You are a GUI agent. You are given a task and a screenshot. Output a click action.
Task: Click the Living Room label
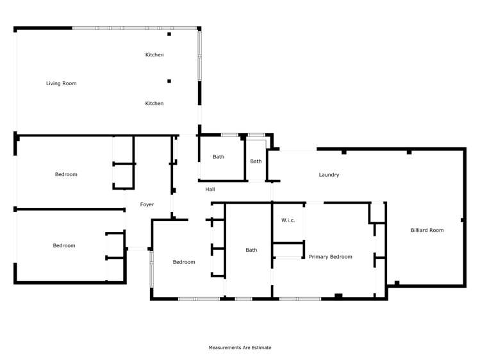click(x=61, y=83)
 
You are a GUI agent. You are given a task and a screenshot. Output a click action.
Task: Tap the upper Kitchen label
click(x=154, y=55)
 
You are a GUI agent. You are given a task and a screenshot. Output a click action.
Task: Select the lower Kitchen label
click(x=154, y=104)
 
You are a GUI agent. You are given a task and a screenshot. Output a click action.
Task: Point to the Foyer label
click(x=147, y=205)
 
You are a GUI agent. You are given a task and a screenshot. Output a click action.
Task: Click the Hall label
click(x=210, y=190)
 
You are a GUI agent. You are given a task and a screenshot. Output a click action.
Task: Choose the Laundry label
click(x=329, y=175)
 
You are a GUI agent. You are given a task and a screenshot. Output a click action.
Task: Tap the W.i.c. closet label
click(x=288, y=221)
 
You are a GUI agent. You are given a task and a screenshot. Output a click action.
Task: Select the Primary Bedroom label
click(x=330, y=257)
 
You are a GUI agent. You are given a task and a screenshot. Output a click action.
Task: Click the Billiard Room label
click(x=427, y=230)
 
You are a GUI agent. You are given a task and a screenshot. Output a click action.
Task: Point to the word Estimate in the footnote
click(x=261, y=348)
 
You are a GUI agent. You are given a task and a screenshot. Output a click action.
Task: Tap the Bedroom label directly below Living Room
click(x=66, y=175)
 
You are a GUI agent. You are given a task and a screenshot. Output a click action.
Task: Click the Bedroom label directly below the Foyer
click(x=184, y=262)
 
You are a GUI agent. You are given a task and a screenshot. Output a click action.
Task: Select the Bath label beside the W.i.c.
click(x=251, y=250)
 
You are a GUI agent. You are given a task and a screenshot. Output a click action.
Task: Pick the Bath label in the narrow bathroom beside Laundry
click(x=256, y=161)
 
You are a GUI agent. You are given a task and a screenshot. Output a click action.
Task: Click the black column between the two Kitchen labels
click(x=169, y=81)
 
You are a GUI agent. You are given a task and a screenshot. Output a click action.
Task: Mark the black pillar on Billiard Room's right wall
click(x=462, y=220)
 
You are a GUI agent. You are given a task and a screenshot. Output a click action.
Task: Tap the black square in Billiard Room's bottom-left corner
click(x=397, y=282)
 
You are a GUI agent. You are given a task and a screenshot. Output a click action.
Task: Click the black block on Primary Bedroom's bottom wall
click(x=338, y=296)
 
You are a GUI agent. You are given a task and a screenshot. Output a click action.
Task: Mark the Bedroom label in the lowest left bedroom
click(x=64, y=246)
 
